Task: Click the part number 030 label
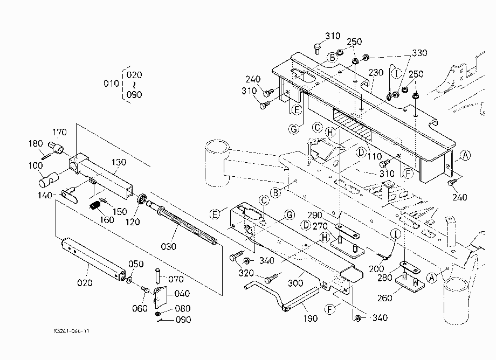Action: [x=168, y=246]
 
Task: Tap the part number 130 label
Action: [x=119, y=162]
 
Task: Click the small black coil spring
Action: [x=95, y=206]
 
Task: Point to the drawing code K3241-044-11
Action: [x=72, y=331]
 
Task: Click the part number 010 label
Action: [x=112, y=84]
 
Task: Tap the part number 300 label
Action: [x=295, y=283]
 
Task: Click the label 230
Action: [x=376, y=73]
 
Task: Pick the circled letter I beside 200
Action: [x=395, y=234]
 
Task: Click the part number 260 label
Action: [x=384, y=298]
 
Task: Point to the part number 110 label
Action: [x=375, y=156]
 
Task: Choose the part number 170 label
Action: [x=59, y=132]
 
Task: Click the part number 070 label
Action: [x=176, y=279]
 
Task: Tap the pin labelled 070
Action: [x=158, y=275]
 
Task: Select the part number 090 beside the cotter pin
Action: [x=183, y=320]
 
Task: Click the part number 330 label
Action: [x=419, y=53]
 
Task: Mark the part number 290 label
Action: [x=315, y=216]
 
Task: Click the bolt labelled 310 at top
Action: [x=317, y=49]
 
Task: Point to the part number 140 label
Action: [x=45, y=195]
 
